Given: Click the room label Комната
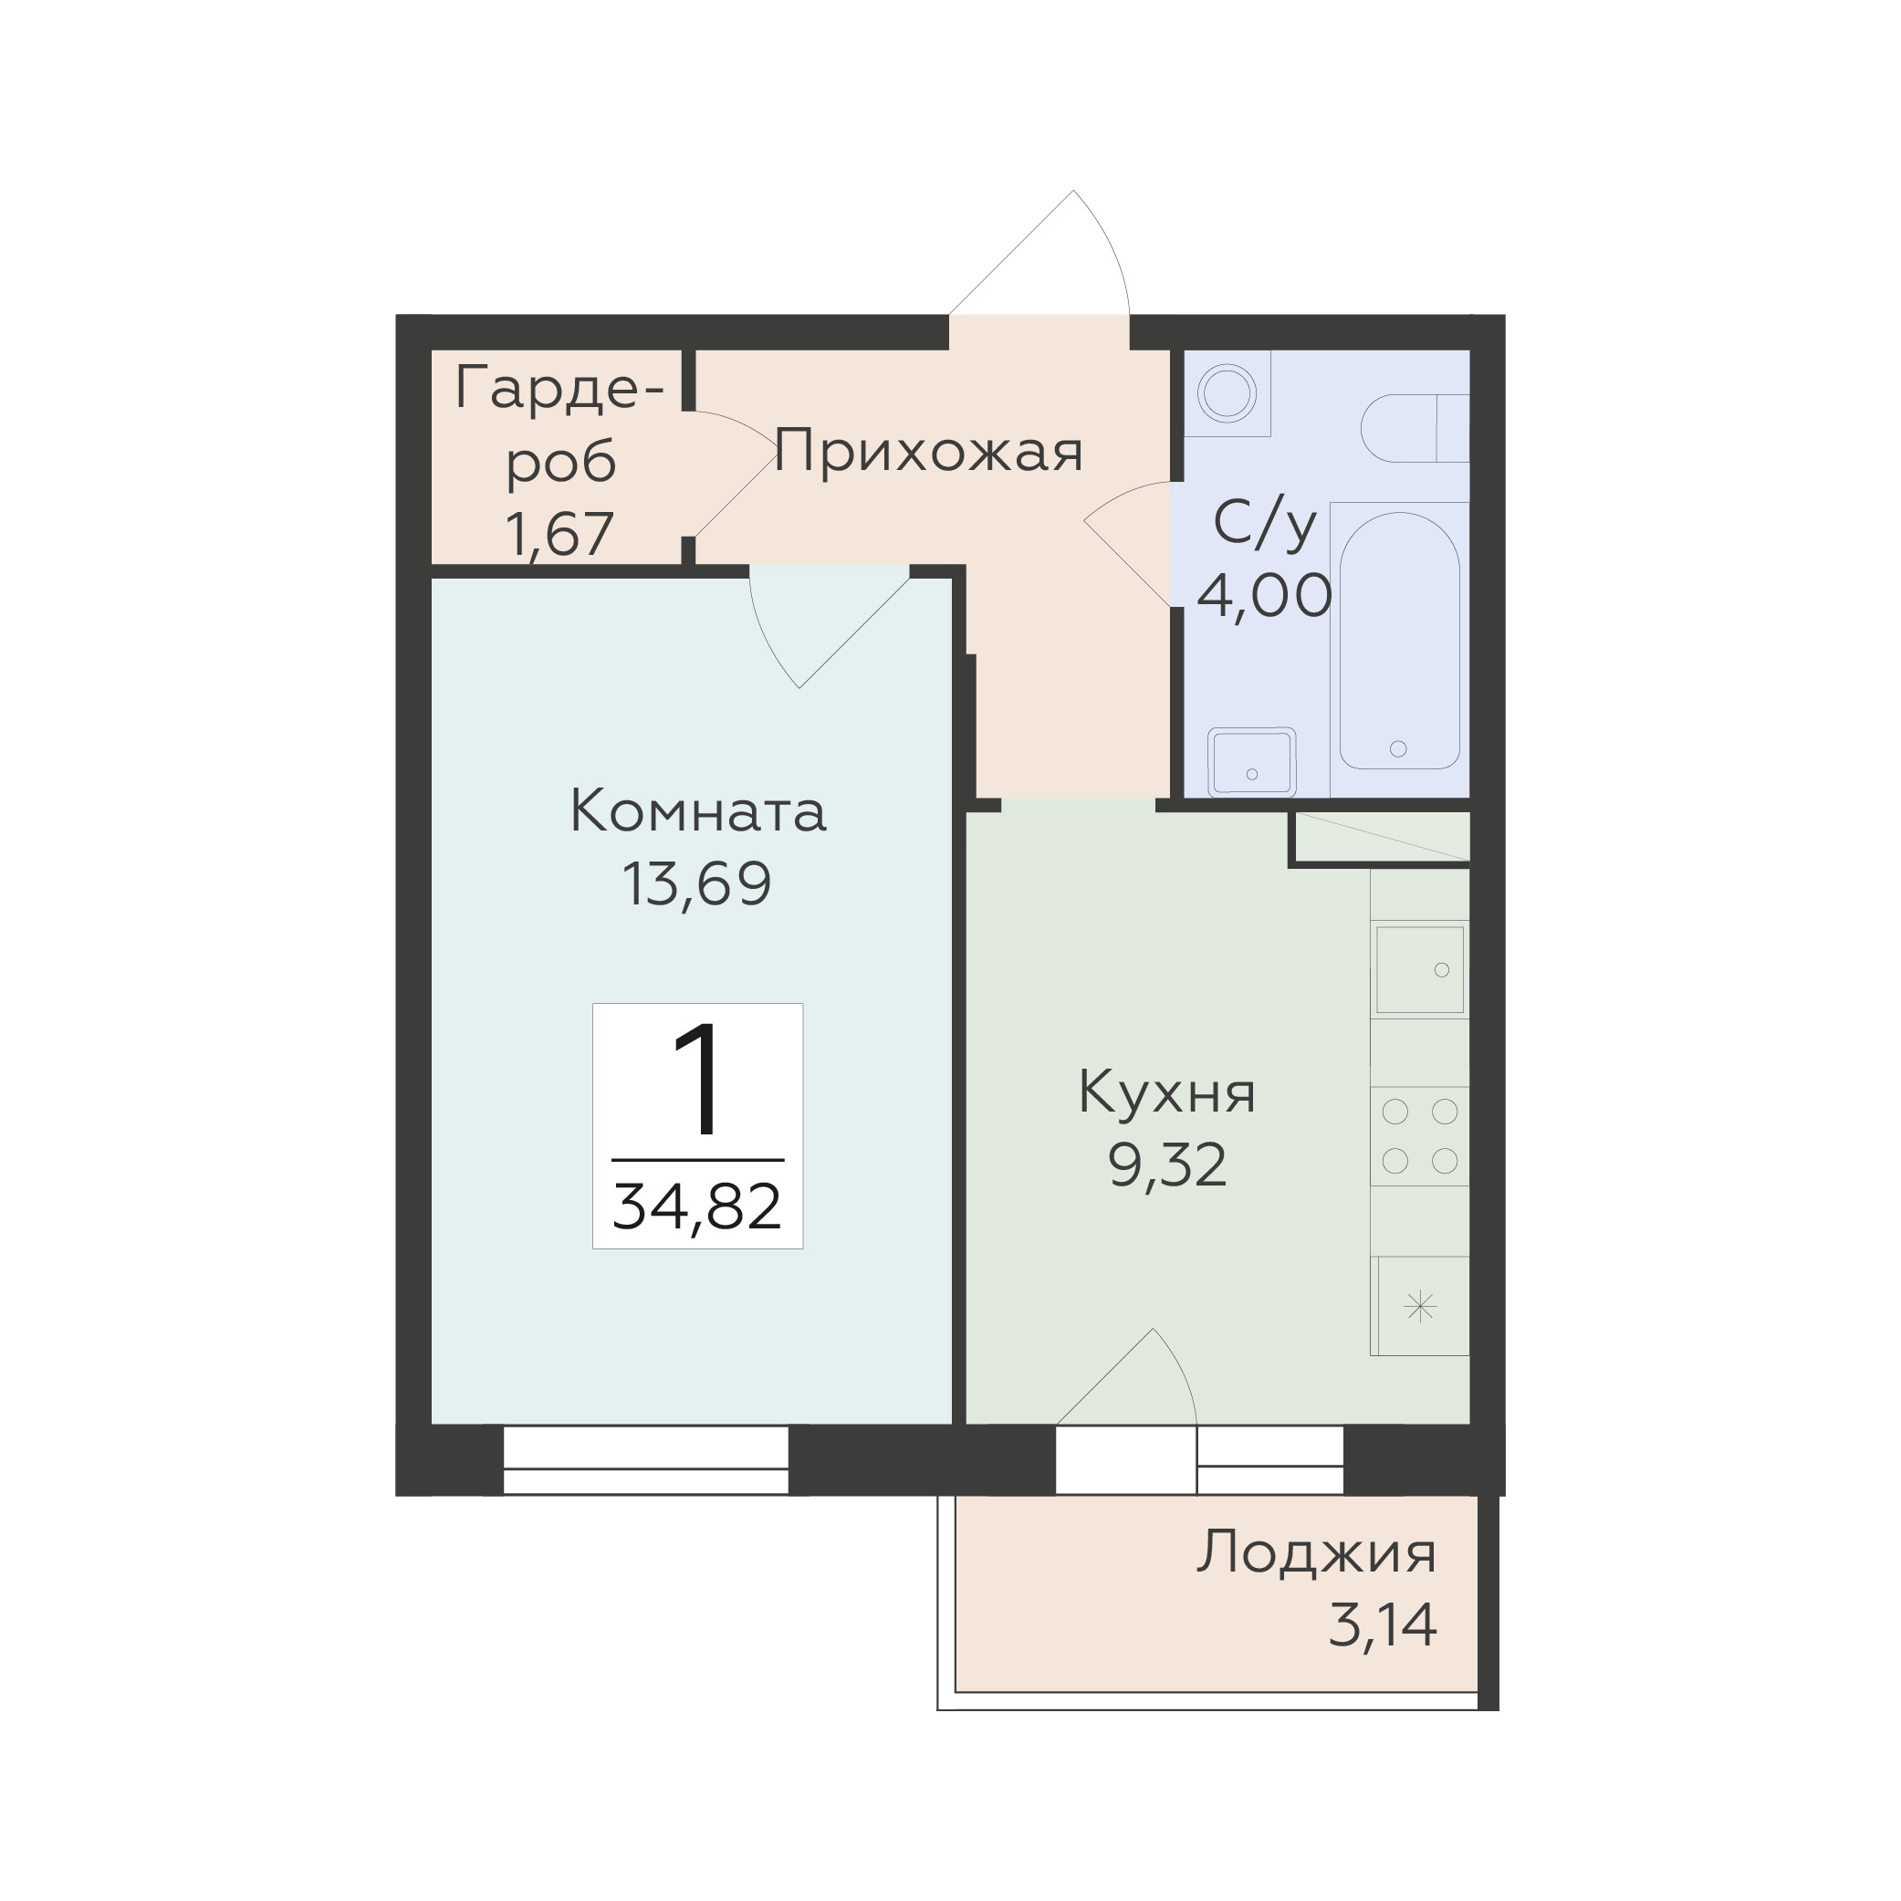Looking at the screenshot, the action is (x=697, y=813).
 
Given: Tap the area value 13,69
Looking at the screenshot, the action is (x=696, y=883).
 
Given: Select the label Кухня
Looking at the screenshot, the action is (x=1167, y=1092).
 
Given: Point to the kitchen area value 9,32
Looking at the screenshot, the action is (x=1167, y=1165).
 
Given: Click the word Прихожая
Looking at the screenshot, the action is (x=928, y=452).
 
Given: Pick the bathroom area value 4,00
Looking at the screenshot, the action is (x=1264, y=595).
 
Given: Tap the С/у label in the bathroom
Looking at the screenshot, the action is (x=1264, y=524).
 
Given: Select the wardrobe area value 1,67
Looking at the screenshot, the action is (x=559, y=534).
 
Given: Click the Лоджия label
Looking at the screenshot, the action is (x=1317, y=1553).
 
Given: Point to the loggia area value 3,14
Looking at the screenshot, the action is (x=1383, y=1624).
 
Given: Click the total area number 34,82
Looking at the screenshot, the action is (x=696, y=1207).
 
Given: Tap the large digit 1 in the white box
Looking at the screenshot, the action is (x=695, y=1080).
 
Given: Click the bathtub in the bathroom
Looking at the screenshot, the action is (x=1398, y=641).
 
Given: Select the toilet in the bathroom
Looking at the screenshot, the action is (x=1415, y=428).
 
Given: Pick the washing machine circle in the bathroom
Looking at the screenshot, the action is (x=1226, y=393).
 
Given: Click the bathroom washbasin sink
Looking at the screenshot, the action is (x=1251, y=761).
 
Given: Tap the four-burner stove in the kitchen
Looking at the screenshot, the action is (x=1420, y=1136).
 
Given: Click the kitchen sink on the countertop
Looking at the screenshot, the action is (x=1420, y=969).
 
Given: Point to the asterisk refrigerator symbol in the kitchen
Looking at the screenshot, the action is (x=1421, y=1308).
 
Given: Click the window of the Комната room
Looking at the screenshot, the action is (x=645, y=1460).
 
